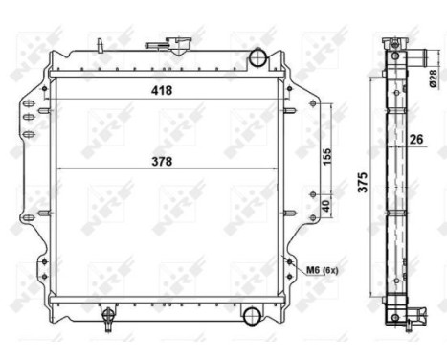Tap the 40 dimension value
(x=326, y=204)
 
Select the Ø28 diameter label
(x=433, y=76)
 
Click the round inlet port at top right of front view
(x=256, y=58)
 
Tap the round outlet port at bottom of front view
(x=251, y=315)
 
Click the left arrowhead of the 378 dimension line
(x=60, y=169)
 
